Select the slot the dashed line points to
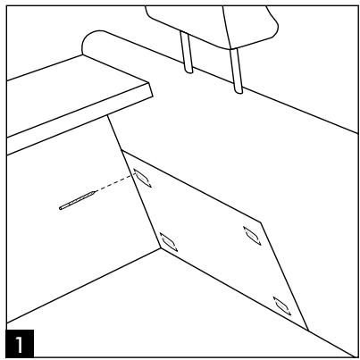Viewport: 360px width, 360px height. (141, 179)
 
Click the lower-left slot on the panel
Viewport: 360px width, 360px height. (167, 239)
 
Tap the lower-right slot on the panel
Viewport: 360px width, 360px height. (283, 306)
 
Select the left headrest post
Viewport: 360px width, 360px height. (188, 54)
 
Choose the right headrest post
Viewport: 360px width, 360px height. (239, 67)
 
